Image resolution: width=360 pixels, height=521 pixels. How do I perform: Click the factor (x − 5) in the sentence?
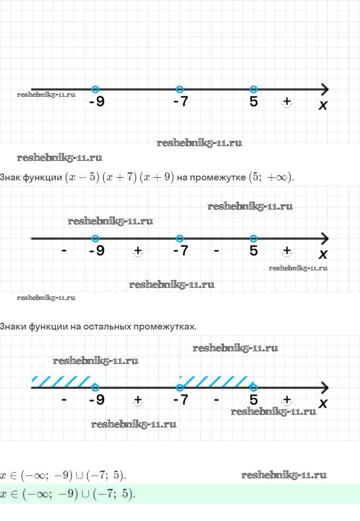click(82, 177)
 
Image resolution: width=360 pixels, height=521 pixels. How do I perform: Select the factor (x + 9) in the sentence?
click(157, 177)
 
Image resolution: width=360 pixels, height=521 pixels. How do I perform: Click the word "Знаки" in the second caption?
click(13, 327)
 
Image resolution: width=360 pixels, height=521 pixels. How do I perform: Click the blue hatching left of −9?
click(61, 382)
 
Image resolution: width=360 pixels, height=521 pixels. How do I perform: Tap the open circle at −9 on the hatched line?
click(95, 387)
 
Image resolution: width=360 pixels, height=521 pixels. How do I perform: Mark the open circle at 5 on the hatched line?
click(254, 387)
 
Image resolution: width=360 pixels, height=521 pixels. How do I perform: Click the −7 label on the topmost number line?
click(181, 102)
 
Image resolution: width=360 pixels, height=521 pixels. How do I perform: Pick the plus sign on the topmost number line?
click(287, 101)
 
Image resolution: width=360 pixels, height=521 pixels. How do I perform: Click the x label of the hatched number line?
click(323, 404)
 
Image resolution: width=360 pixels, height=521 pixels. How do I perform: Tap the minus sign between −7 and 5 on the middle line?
click(217, 251)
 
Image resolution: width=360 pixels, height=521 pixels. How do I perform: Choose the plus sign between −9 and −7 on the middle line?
click(138, 250)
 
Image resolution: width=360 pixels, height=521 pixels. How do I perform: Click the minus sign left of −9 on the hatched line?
click(64, 400)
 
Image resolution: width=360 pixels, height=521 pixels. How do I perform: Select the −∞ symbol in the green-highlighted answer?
click(38, 493)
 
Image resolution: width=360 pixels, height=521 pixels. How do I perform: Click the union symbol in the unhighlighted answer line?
click(79, 476)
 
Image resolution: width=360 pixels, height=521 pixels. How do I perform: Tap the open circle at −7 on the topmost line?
click(179, 89)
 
